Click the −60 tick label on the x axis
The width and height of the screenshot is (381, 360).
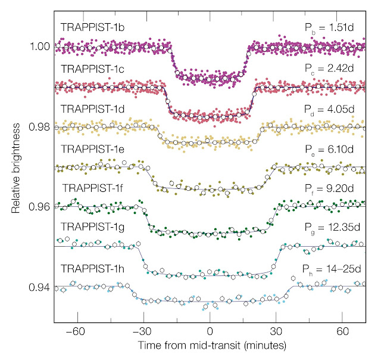(x=75, y=330)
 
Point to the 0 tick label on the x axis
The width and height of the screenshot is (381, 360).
(x=210, y=330)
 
